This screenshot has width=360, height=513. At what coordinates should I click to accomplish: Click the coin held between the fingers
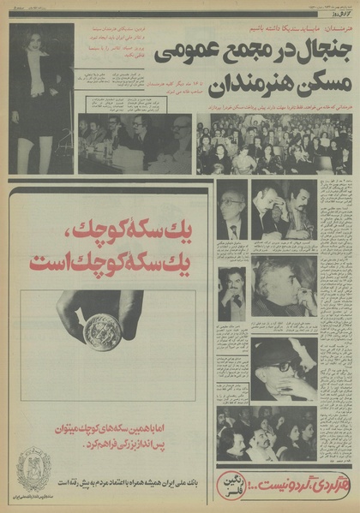point(103,331)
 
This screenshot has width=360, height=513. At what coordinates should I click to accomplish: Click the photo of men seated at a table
point(135,143)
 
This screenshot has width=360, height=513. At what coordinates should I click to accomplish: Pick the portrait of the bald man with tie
point(232,210)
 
